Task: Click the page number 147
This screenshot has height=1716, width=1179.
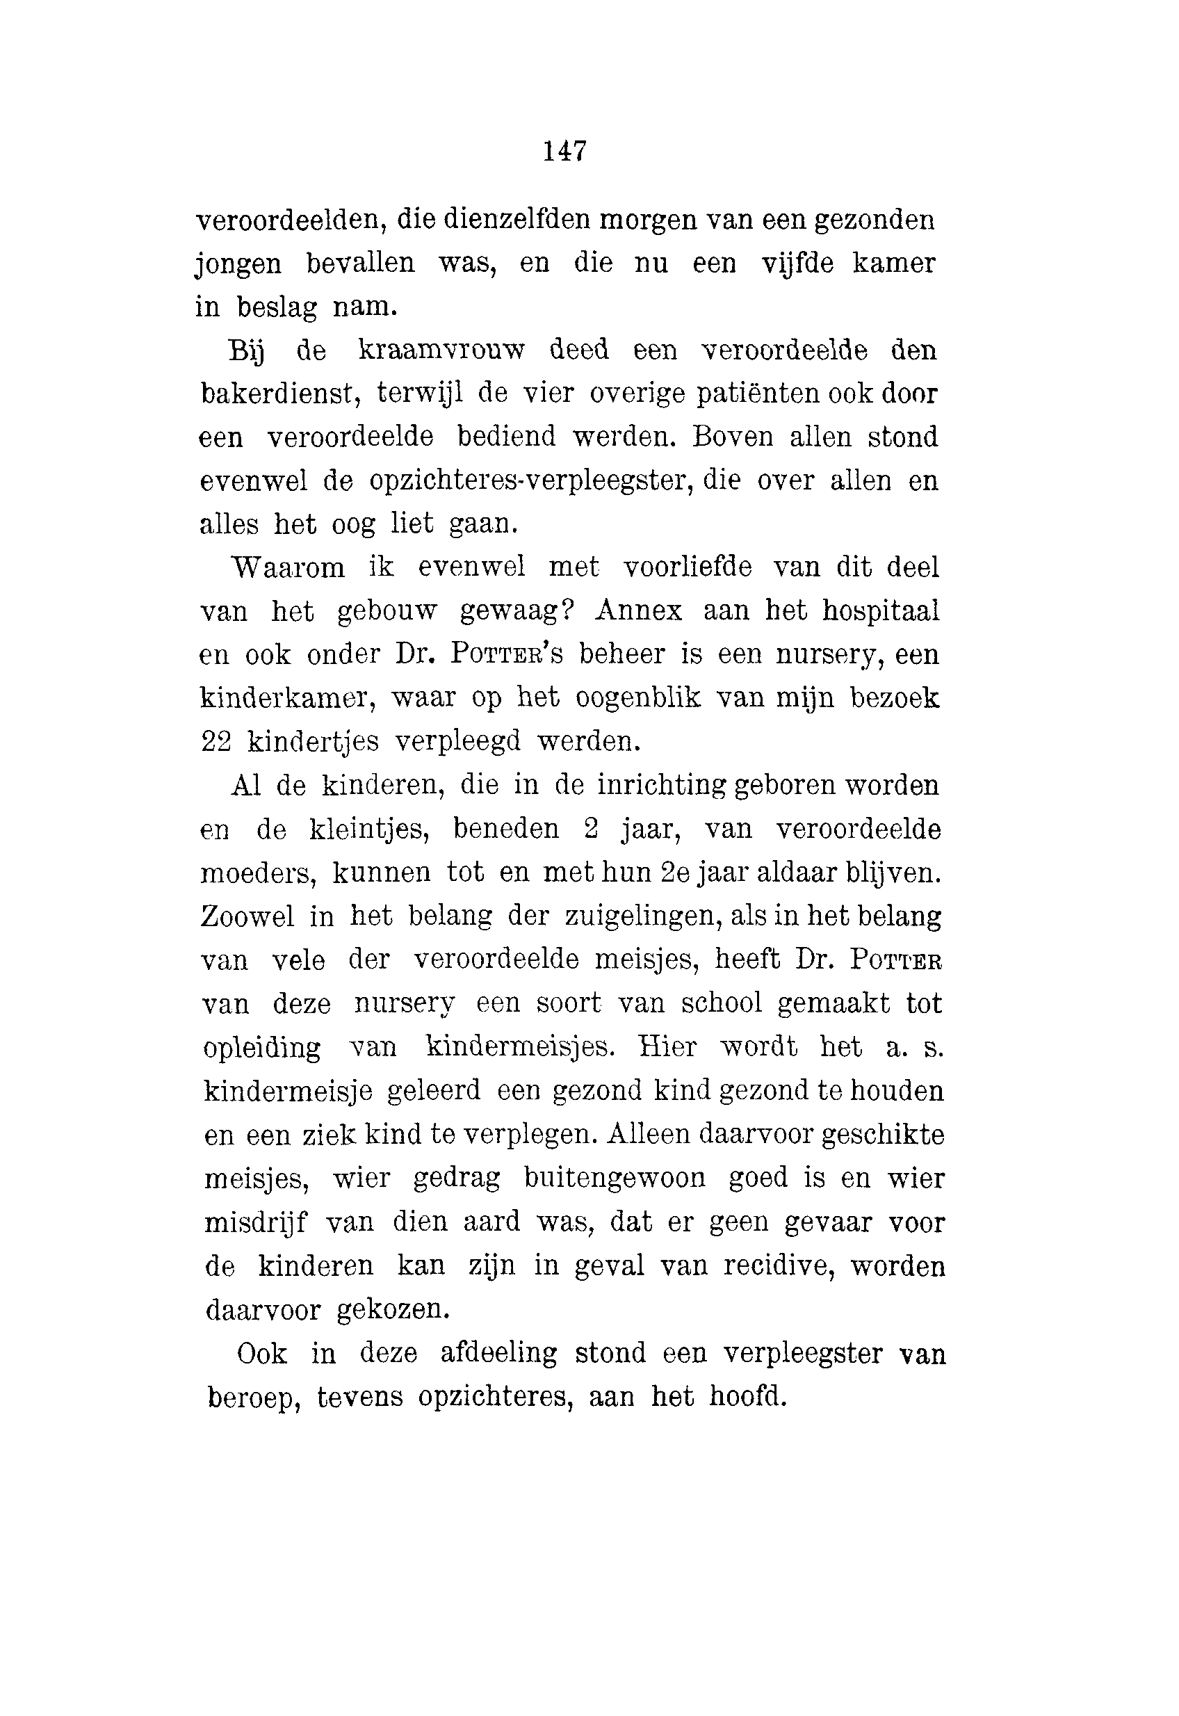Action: point(565,152)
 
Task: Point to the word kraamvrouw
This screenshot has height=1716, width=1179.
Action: point(441,350)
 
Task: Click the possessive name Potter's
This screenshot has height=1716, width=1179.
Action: point(506,654)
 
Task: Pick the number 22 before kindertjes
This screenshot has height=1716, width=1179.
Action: point(216,742)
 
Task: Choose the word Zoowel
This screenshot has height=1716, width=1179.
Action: point(247,916)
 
